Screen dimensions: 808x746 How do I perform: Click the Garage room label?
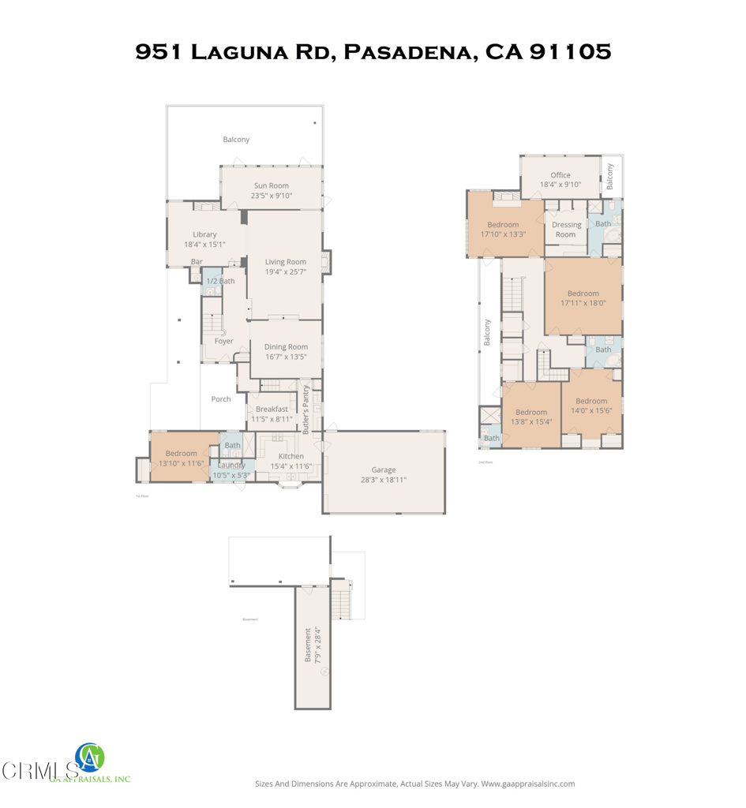pos(384,470)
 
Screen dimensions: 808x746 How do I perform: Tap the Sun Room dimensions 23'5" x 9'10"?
pos(271,196)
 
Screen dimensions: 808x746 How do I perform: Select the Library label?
pos(204,234)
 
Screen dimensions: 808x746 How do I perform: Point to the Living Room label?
pos(285,262)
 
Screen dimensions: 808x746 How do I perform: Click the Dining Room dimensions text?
pos(286,357)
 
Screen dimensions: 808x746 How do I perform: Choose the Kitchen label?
pos(291,456)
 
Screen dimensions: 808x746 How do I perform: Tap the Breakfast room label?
pos(272,409)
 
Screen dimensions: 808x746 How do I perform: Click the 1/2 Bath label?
pos(220,281)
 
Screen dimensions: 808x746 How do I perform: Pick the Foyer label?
pos(223,342)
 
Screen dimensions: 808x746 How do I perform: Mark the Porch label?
pos(221,399)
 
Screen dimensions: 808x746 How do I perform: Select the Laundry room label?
pos(231,465)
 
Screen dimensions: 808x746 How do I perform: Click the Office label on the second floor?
pos(560,175)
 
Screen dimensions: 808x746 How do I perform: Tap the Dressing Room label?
pos(566,230)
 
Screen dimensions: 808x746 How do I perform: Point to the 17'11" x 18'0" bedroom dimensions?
pos(583,303)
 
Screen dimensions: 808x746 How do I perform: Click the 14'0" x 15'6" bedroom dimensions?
pos(591,410)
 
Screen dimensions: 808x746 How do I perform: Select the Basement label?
pos(308,645)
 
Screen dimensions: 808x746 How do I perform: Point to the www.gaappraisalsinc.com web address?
pos(527,784)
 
